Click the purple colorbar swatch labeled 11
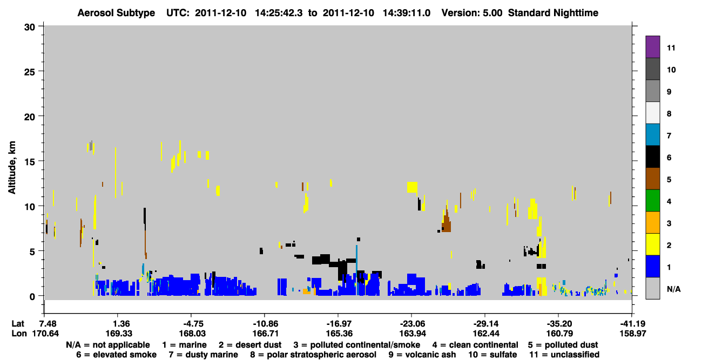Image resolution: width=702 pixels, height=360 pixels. point(652,46)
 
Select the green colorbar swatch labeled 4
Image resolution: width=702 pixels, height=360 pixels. point(652,201)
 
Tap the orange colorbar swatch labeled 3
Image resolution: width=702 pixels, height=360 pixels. point(652,222)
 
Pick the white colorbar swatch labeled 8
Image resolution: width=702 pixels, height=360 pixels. point(652,113)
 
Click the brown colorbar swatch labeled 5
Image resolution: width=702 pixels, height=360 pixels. point(652,179)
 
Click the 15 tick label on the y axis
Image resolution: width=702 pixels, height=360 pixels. point(30,161)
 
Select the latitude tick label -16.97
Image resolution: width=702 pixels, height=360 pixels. point(339,323)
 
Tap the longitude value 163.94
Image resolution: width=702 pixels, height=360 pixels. point(413,334)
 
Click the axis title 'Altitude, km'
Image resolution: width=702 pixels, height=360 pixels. point(12,168)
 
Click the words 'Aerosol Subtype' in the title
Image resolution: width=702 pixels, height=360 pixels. point(116,13)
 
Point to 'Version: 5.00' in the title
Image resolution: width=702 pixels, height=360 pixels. point(471,13)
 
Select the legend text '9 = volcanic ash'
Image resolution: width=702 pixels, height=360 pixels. point(422,355)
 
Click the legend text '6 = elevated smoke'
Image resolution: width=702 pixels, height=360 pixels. point(116,355)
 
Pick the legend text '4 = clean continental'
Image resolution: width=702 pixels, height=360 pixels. point(475,345)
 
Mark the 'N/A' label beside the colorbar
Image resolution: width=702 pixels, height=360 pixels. point(673,289)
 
